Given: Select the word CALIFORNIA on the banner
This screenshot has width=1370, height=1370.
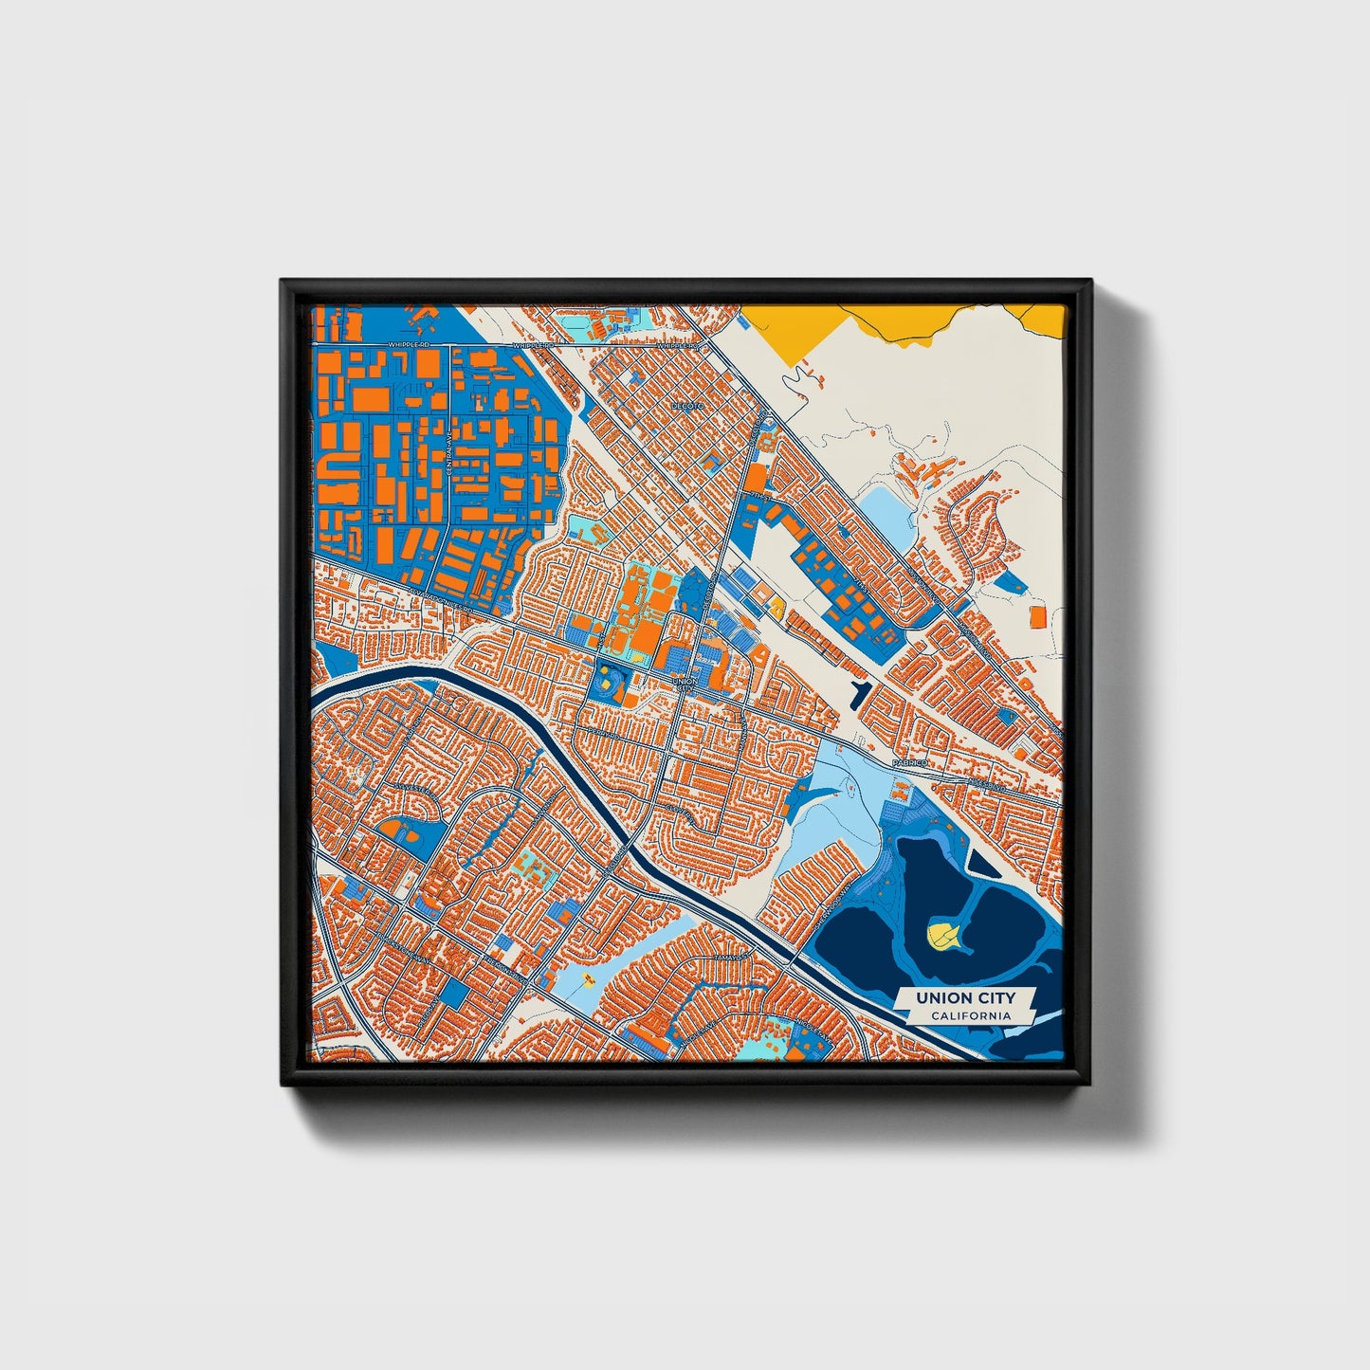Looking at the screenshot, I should [970, 1016].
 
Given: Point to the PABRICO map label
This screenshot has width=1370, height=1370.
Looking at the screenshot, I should [905, 762].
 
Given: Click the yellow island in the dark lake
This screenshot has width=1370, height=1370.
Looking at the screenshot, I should [940, 937].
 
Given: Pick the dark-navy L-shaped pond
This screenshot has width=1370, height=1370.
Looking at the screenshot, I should [859, 694].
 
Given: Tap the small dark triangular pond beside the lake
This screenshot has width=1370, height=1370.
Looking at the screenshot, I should [977, 861].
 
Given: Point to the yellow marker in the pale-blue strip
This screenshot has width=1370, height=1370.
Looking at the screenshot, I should [588, 977].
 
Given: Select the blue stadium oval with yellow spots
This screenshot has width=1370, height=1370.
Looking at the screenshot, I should [608, 680].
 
